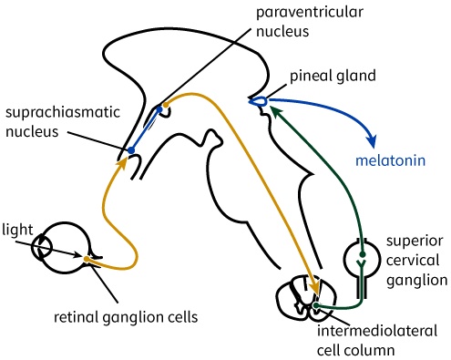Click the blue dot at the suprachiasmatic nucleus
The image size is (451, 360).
click(x=131, y=150)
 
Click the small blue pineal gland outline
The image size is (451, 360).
click(x=259, y=99)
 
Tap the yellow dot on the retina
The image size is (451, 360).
click(x=87, y=260)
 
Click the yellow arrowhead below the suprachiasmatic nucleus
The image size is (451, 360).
click(x=122, y=165)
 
